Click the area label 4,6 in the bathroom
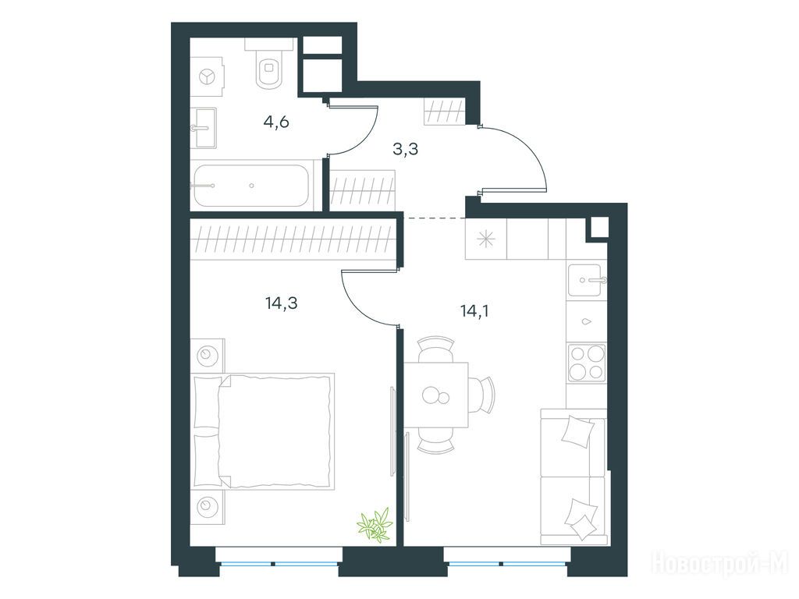[x=276, y=122]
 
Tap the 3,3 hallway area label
[x=406, y=149]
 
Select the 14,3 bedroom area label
[x=281, y=303]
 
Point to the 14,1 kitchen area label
[x=474, y=310]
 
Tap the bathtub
[x=251, y=186]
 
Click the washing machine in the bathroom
[x=208, y=76]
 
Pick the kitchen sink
[x=587, y=280]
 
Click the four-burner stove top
[x=587, y=363]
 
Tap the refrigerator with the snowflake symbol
[x=485, y=239]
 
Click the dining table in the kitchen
[x=437, y=395]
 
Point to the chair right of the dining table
[x=482, y=395]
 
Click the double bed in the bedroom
[x=263, y=431]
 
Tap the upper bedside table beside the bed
[x=208, y=355]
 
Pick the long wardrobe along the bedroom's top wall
[x=293, y=239]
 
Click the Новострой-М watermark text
[x=720, y=563]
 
